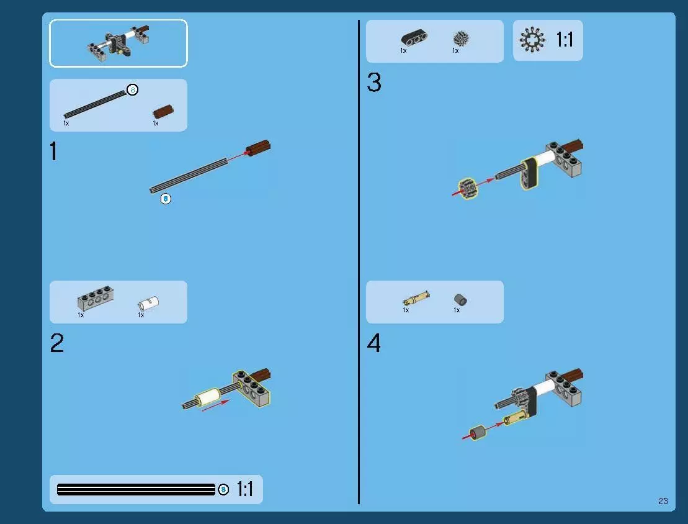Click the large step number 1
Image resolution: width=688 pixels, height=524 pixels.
[x=53, y=151]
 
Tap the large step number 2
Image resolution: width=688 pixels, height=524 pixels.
[x=57, y=343]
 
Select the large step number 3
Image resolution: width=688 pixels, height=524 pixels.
[x=374, y=82]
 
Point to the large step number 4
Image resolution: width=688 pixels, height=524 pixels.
[x=374, y=343]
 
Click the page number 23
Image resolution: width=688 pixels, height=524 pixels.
[x=663, y=501]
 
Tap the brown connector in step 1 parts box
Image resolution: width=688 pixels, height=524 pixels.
[x=163, y=112]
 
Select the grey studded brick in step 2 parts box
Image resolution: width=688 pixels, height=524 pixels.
[x=95, y=298]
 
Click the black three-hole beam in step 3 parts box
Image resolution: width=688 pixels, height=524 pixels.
[x=414, y=37]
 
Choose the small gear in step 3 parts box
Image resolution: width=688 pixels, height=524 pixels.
[x=461, y=38]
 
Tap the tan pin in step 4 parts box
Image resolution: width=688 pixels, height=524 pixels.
[x=416, y=299]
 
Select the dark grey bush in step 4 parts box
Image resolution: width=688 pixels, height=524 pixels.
[x=460, y=300]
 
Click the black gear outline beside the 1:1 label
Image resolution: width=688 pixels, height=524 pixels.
[x=532, y=40]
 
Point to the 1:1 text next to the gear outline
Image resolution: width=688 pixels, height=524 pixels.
[x=565, y=40]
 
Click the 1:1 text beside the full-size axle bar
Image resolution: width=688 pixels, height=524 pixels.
[x=245, y=489]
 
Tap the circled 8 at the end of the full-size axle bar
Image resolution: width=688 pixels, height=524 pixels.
[x=223, y=489]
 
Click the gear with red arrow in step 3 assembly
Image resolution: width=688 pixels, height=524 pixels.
[x=467, y=189]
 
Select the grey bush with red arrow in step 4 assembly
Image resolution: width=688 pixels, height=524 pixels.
[x=478, y=433]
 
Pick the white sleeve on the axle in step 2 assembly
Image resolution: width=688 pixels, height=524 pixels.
[x=208, y=397]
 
